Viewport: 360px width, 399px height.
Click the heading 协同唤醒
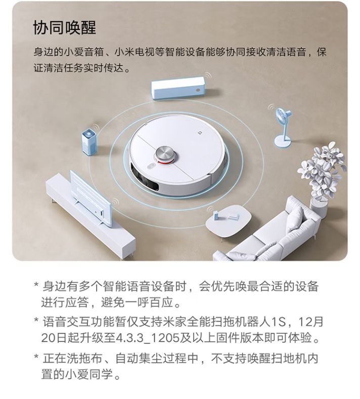click(65, 27)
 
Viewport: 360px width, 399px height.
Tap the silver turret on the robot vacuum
click(165, 154)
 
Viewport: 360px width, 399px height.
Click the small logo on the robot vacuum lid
click(200, 132)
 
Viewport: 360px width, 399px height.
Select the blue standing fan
click(283, 127)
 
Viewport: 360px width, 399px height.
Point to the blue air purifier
click(89, 142)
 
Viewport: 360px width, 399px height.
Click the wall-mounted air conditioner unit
click(178, 88)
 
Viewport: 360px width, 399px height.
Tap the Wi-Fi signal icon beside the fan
click(272, 107)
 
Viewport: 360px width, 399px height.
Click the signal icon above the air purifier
click(96, 127)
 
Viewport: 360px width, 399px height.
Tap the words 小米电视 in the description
click(134, 52)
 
